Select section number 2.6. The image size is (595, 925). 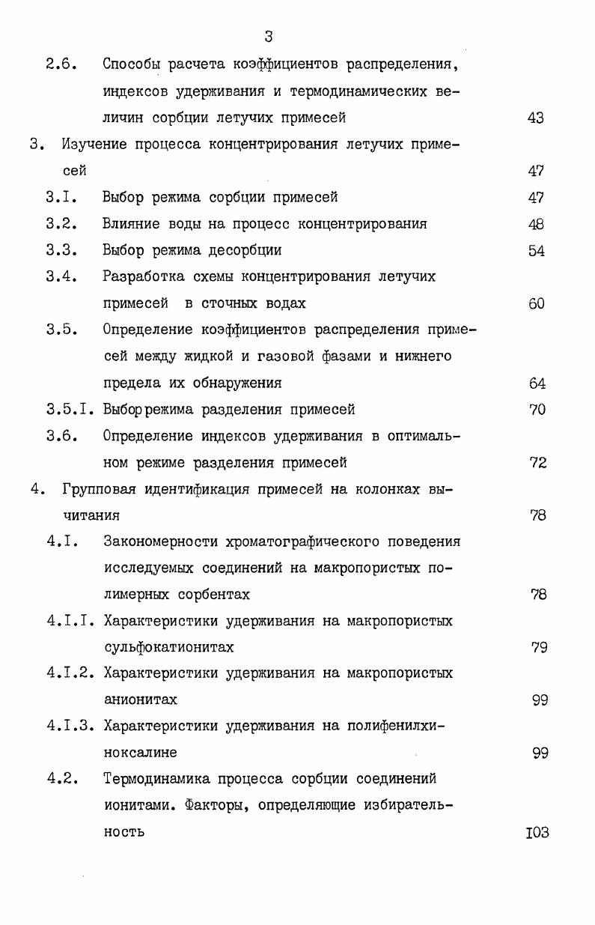(62, 64)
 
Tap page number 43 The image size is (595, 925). (536, 118)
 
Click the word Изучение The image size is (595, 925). (94, 144)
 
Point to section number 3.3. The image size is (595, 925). (62, 250)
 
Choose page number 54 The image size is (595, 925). (536, 250)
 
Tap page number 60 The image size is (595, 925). (536, 303)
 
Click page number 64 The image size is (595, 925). (537, 383)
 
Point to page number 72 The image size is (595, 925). (537, 462)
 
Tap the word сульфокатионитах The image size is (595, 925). (168, 647)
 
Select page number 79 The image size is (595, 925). (539, 647)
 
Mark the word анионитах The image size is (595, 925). (140, 700)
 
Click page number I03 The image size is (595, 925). (537, 832)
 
